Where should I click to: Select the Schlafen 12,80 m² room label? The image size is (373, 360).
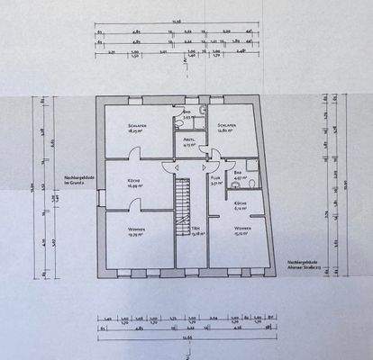227,129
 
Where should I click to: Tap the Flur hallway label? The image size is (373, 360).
216,180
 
